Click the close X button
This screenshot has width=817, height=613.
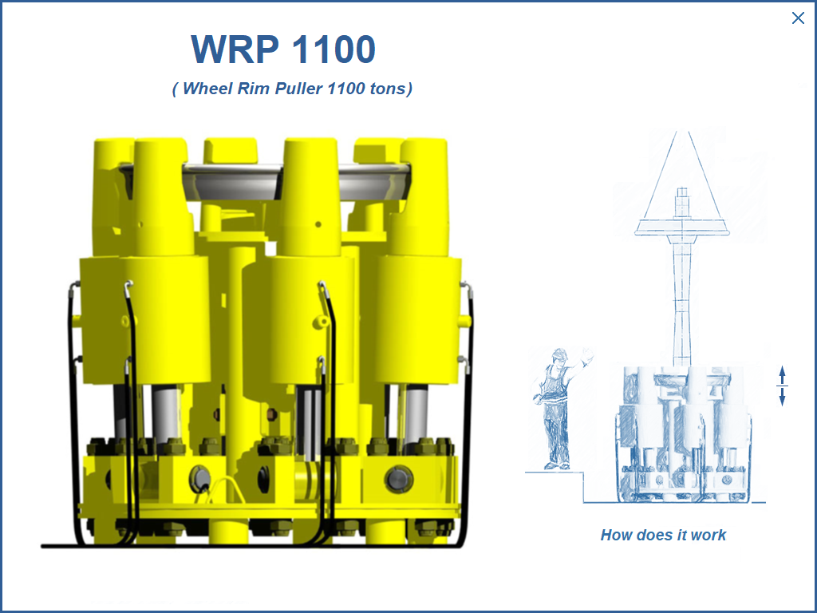tap(797, 18)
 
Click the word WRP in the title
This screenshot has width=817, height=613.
tap(235, 49)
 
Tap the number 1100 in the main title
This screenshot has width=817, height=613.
tap(334, 49)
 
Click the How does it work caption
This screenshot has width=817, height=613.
tap(663, 535)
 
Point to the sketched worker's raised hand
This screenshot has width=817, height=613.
tap(588, 356)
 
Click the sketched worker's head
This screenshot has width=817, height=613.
tap(559, 357)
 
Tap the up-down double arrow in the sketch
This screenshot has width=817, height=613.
tap(782, 386)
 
